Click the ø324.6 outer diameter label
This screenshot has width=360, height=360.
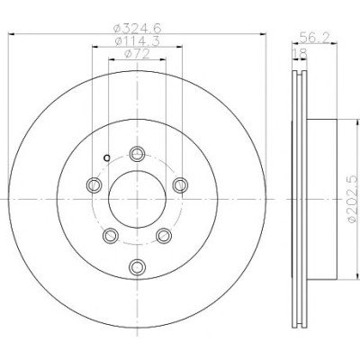[137, 29]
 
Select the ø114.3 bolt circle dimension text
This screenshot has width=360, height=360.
[137, 41]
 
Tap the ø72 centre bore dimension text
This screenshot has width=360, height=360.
[137, 54]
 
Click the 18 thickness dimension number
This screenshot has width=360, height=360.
[300, 54]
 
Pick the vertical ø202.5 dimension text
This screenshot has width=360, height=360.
[353, 199]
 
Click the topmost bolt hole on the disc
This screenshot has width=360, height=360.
[138, 154]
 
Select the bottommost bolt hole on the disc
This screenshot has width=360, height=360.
[138, 266]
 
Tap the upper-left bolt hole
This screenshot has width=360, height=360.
[94, 184]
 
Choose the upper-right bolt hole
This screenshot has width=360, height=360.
[181, 184]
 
